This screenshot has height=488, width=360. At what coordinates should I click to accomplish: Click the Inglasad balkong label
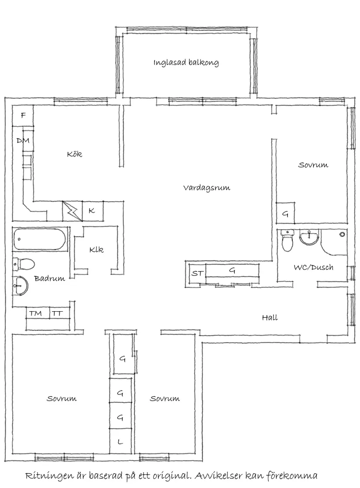coord(186,62)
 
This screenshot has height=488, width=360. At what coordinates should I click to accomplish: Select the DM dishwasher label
coord(23,141)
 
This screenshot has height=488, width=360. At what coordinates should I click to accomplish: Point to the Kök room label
coord(75,154)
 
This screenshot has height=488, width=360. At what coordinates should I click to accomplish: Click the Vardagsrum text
coord(206,188)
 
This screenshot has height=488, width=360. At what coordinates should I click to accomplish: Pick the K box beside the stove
coord(92,211)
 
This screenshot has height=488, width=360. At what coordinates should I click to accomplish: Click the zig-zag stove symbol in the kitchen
coord(72,211)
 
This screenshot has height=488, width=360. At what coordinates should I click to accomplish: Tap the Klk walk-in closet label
coord(96,250)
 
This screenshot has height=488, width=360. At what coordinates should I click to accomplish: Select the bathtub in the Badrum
coord(40,239)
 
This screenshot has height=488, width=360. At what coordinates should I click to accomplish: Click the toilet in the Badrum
coord(24,264)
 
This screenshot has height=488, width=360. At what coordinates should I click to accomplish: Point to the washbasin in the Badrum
coord(20,287)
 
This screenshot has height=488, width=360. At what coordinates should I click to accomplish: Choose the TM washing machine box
coord(36,313)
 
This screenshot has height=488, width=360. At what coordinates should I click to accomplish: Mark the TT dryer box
coord(57,313)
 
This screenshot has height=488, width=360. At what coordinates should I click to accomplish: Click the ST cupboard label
coord(197,274)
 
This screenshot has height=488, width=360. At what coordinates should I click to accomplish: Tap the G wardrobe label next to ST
coord(232,271)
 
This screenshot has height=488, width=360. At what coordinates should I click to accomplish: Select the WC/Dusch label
coord(313,267)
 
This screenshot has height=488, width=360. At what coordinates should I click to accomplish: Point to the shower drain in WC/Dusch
coord(342,234)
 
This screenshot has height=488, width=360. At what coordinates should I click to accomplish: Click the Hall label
coord(270,317)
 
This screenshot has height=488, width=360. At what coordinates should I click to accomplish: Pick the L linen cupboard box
coord(121,442)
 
